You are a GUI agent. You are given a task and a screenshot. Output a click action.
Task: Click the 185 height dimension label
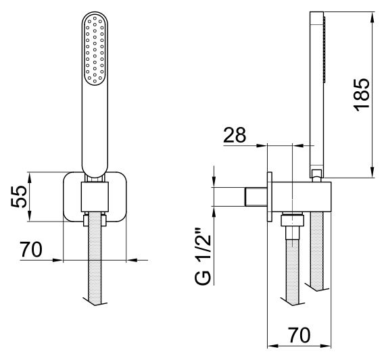point(362,95)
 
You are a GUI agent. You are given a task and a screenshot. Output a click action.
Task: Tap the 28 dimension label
point(235,135)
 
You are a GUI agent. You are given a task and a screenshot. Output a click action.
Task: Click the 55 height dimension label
point(19,197)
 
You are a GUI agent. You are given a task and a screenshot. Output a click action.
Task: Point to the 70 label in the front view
point(31,249)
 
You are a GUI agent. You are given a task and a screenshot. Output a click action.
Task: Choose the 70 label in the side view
point(299,335)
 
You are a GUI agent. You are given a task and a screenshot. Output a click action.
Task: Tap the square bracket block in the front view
point(95,197)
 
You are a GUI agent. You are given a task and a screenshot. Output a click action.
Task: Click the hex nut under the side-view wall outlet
point(293,220)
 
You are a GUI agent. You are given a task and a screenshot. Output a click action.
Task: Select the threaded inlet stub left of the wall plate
point(256,197)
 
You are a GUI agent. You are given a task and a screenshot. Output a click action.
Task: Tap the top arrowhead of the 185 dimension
point(372,16)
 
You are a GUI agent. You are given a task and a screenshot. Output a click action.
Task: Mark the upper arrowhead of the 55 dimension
point(30,176)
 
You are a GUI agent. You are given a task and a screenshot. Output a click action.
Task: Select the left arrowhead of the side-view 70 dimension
point(272,346)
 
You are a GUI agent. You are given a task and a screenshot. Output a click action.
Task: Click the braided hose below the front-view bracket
point(95,257)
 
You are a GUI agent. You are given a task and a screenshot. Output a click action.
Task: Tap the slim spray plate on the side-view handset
point(324,49)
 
